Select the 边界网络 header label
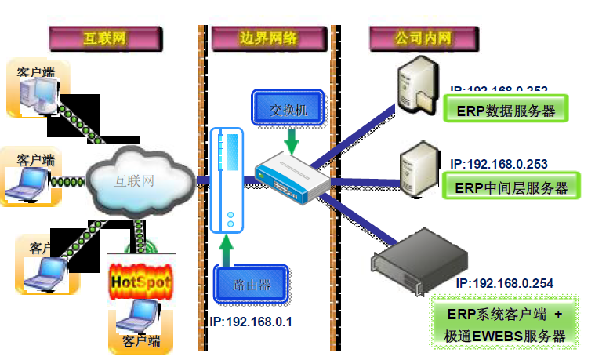click(x=267, y=37)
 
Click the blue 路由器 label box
click(x=252, y=285)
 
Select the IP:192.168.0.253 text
click(x=499, y=164)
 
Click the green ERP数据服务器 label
click(x=505, y=111)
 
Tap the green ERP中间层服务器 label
click(x=510, y=188)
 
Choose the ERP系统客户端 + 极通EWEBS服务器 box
click(x=505, y=325)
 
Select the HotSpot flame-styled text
click(x=140, y=282)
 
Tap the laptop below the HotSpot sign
click(x=140, y=318)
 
